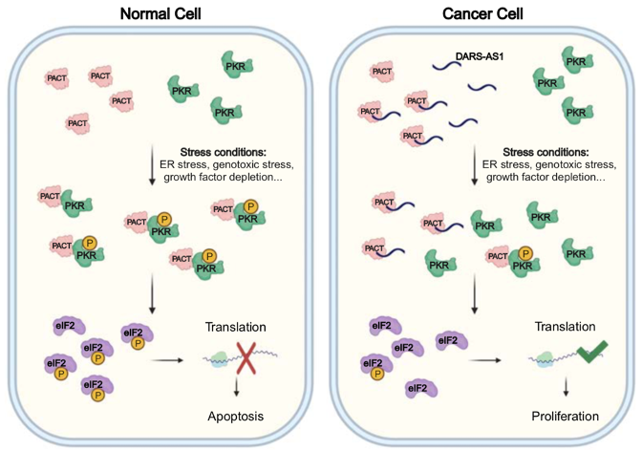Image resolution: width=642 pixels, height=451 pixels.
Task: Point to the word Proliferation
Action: (566, 417)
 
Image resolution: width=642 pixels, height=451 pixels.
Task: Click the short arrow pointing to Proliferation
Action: (566, 392)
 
